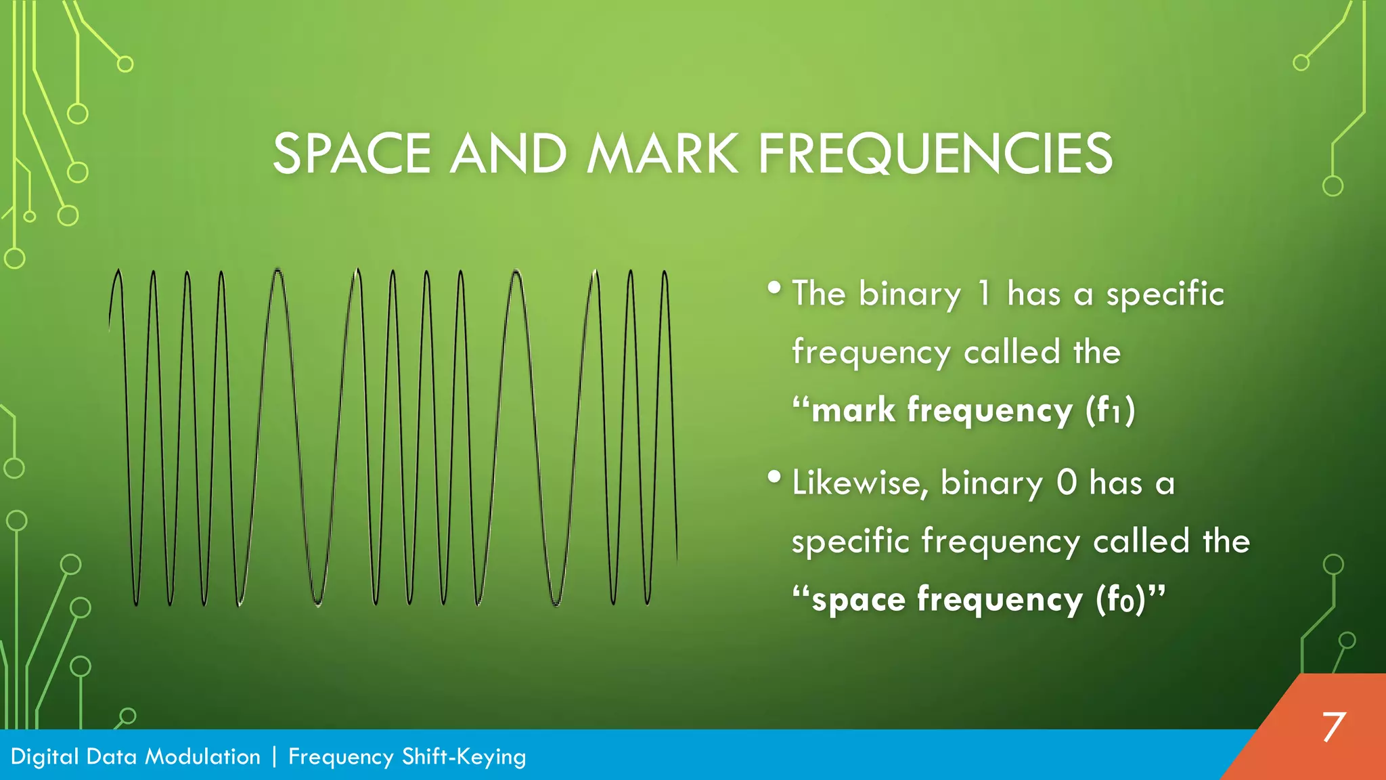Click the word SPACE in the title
[351, 154]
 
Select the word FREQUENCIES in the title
[935, 154]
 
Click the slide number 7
[1333, 727]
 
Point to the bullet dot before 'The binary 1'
[775, 288]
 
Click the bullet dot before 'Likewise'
[775, 477]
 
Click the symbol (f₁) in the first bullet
[1110, 410]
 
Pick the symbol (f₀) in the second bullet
[1121, 600]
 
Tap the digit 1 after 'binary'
[984, 294]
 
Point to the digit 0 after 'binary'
[1067, 483]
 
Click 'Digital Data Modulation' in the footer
[135, 756]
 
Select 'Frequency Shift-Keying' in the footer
[407, 756]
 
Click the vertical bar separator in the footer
[274, 756]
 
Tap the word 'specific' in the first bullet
[1165, 294]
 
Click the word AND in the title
[508, 154]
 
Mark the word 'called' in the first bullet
[1012, 352]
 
